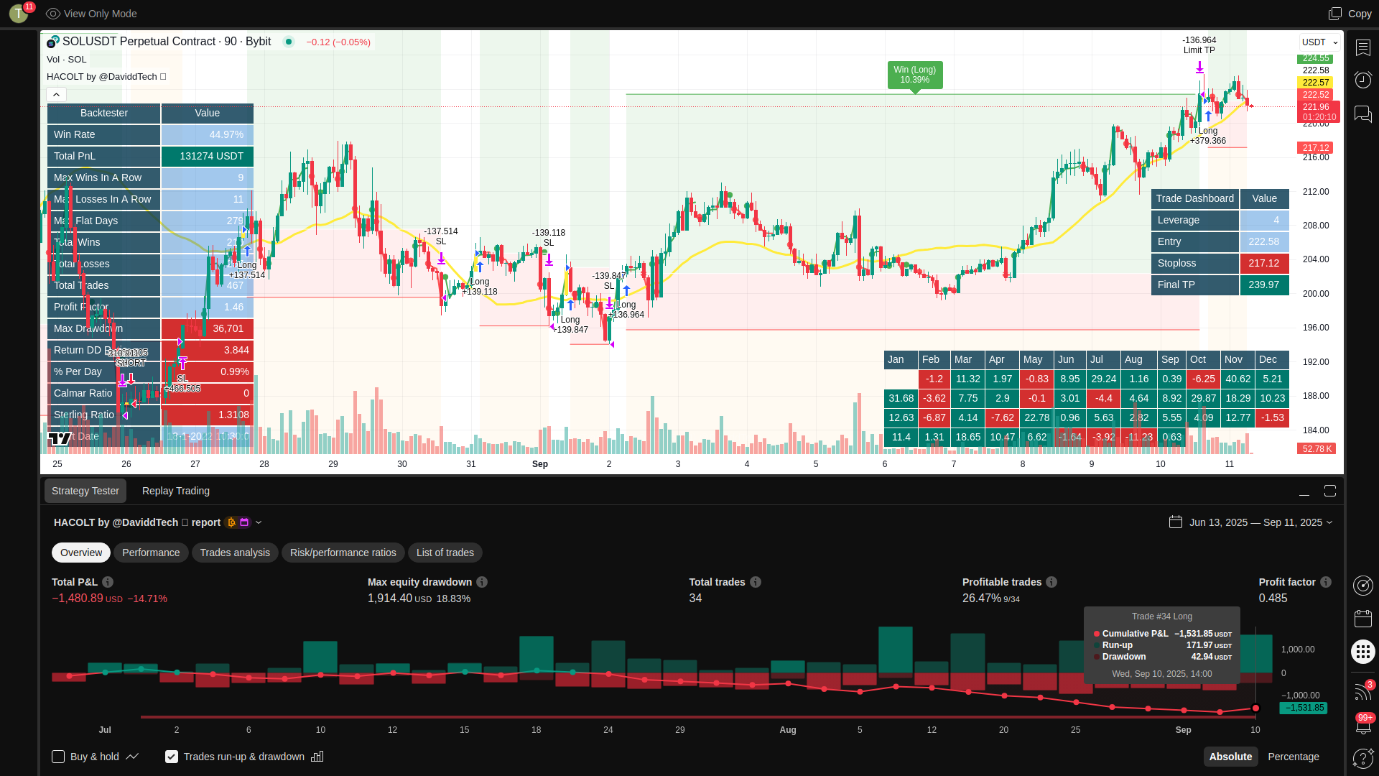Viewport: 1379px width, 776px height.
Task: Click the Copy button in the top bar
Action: [x=1350, y=14]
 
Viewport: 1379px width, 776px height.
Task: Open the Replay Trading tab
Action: [x=176, y=491]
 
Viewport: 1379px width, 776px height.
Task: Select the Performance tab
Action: [x=151, y=553]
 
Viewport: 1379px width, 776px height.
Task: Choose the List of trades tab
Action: [x=445, y=553]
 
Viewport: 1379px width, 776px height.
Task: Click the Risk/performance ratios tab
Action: [x=343, y=553]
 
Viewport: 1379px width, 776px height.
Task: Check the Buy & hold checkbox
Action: [x=58, y=757]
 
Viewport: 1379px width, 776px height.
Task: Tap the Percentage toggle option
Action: [x=1293, y=757]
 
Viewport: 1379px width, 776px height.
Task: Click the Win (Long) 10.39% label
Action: [x=914, y=75]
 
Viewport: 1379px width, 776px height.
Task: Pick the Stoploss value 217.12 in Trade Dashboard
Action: [x=1263, y=264]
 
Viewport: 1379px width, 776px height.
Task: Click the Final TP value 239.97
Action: [x=1263, y=285]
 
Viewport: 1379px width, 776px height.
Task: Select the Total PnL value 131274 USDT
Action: [x=211, y=156]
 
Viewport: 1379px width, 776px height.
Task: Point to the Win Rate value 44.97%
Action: [x=226, y=134]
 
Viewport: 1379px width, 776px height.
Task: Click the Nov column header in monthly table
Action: [x=1233, y=359]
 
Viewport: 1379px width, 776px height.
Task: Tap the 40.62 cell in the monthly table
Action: [x=1238, y=379]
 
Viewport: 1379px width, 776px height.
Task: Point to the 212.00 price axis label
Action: [x=1316, y=192]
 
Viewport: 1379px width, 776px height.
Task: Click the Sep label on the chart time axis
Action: [x=540, y=464]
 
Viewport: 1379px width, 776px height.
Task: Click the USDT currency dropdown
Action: [x=1319, y=42]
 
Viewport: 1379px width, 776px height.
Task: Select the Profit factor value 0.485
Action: [x=1273, y=598]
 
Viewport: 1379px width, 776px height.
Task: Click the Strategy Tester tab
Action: [x=85, y=491]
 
